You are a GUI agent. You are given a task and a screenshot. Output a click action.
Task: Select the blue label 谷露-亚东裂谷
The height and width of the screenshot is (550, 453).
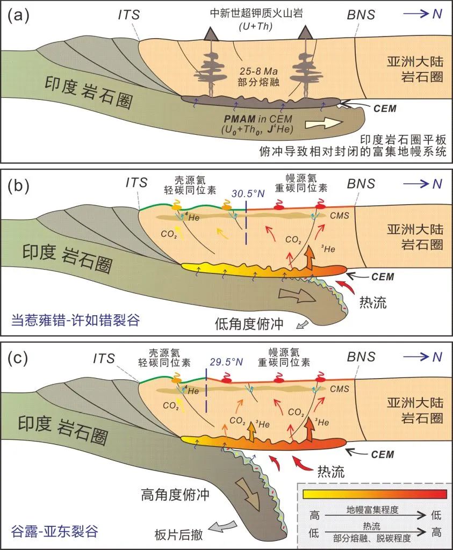(54, 532)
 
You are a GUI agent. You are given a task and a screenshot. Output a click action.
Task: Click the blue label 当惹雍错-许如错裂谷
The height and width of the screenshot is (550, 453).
(75, 321)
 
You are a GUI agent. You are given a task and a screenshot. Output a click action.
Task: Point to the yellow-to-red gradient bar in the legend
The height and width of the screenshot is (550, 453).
(375, 494)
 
